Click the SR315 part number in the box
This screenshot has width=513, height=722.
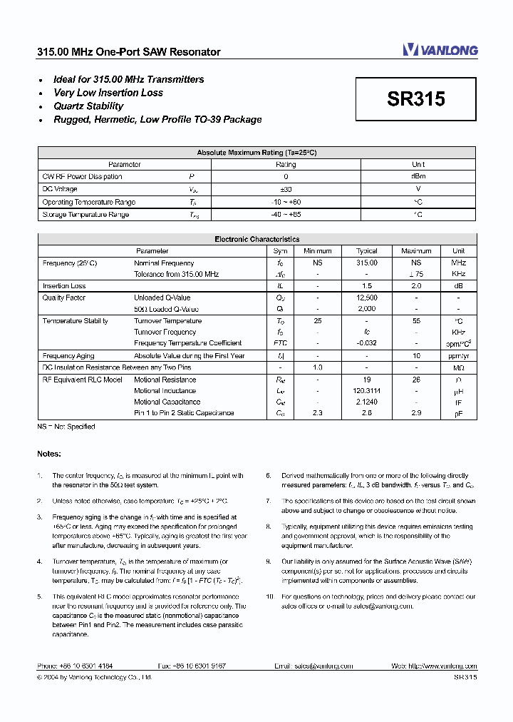[416, 99]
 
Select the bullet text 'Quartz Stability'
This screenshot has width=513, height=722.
[88, 106]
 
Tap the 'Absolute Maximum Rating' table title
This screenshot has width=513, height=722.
[256, 153]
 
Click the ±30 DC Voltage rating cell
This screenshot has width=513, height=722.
[286, 189]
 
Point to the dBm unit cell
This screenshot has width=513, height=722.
[418, 176]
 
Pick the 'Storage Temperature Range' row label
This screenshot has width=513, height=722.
[85, 215]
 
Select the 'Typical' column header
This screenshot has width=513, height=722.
[367, 251]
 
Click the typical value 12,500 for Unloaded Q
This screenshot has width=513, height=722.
[367, 298]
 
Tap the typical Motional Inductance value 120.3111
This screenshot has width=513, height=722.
[367, 391]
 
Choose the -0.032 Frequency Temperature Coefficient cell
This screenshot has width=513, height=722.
[367, 343]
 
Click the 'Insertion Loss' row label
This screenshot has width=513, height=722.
[64, 286]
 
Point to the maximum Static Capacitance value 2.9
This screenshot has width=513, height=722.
[416, 413]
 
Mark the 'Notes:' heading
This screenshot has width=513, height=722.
[49, 454]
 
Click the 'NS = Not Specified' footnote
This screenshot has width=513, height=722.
[66, 427]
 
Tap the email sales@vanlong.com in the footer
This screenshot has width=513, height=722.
[313, 666]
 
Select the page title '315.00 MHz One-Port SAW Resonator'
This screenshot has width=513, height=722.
[129, 52]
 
